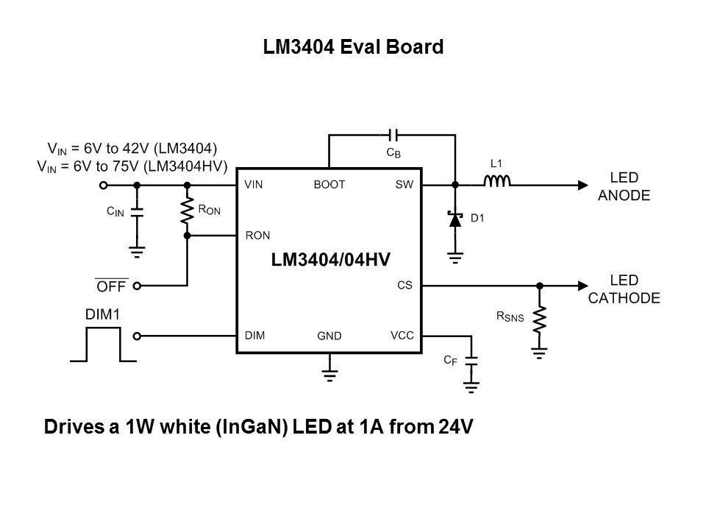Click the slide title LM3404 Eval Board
point(353,48)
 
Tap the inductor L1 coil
point(497,182)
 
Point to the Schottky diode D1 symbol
point(454,219)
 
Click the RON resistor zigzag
point(187,211)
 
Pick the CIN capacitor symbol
point(136,212)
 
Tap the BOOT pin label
point(329,185)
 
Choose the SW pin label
point(404,185)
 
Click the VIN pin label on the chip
point(254,185)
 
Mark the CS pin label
point(404,285)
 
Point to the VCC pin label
point(402,335)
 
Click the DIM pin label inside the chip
point(254,335)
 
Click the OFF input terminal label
point(112,286)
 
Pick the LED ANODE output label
point(624,187)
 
